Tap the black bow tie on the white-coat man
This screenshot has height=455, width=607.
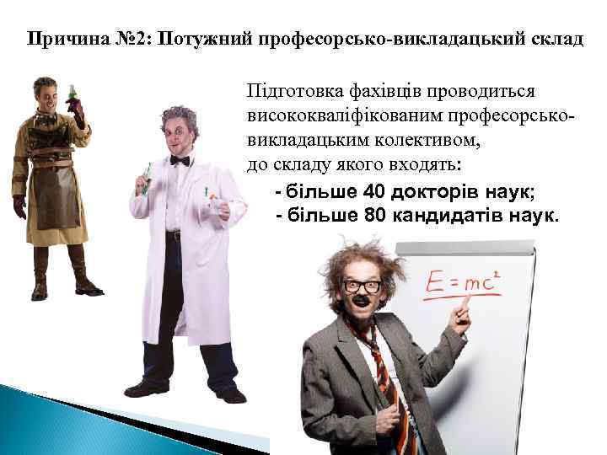[180, 160]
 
